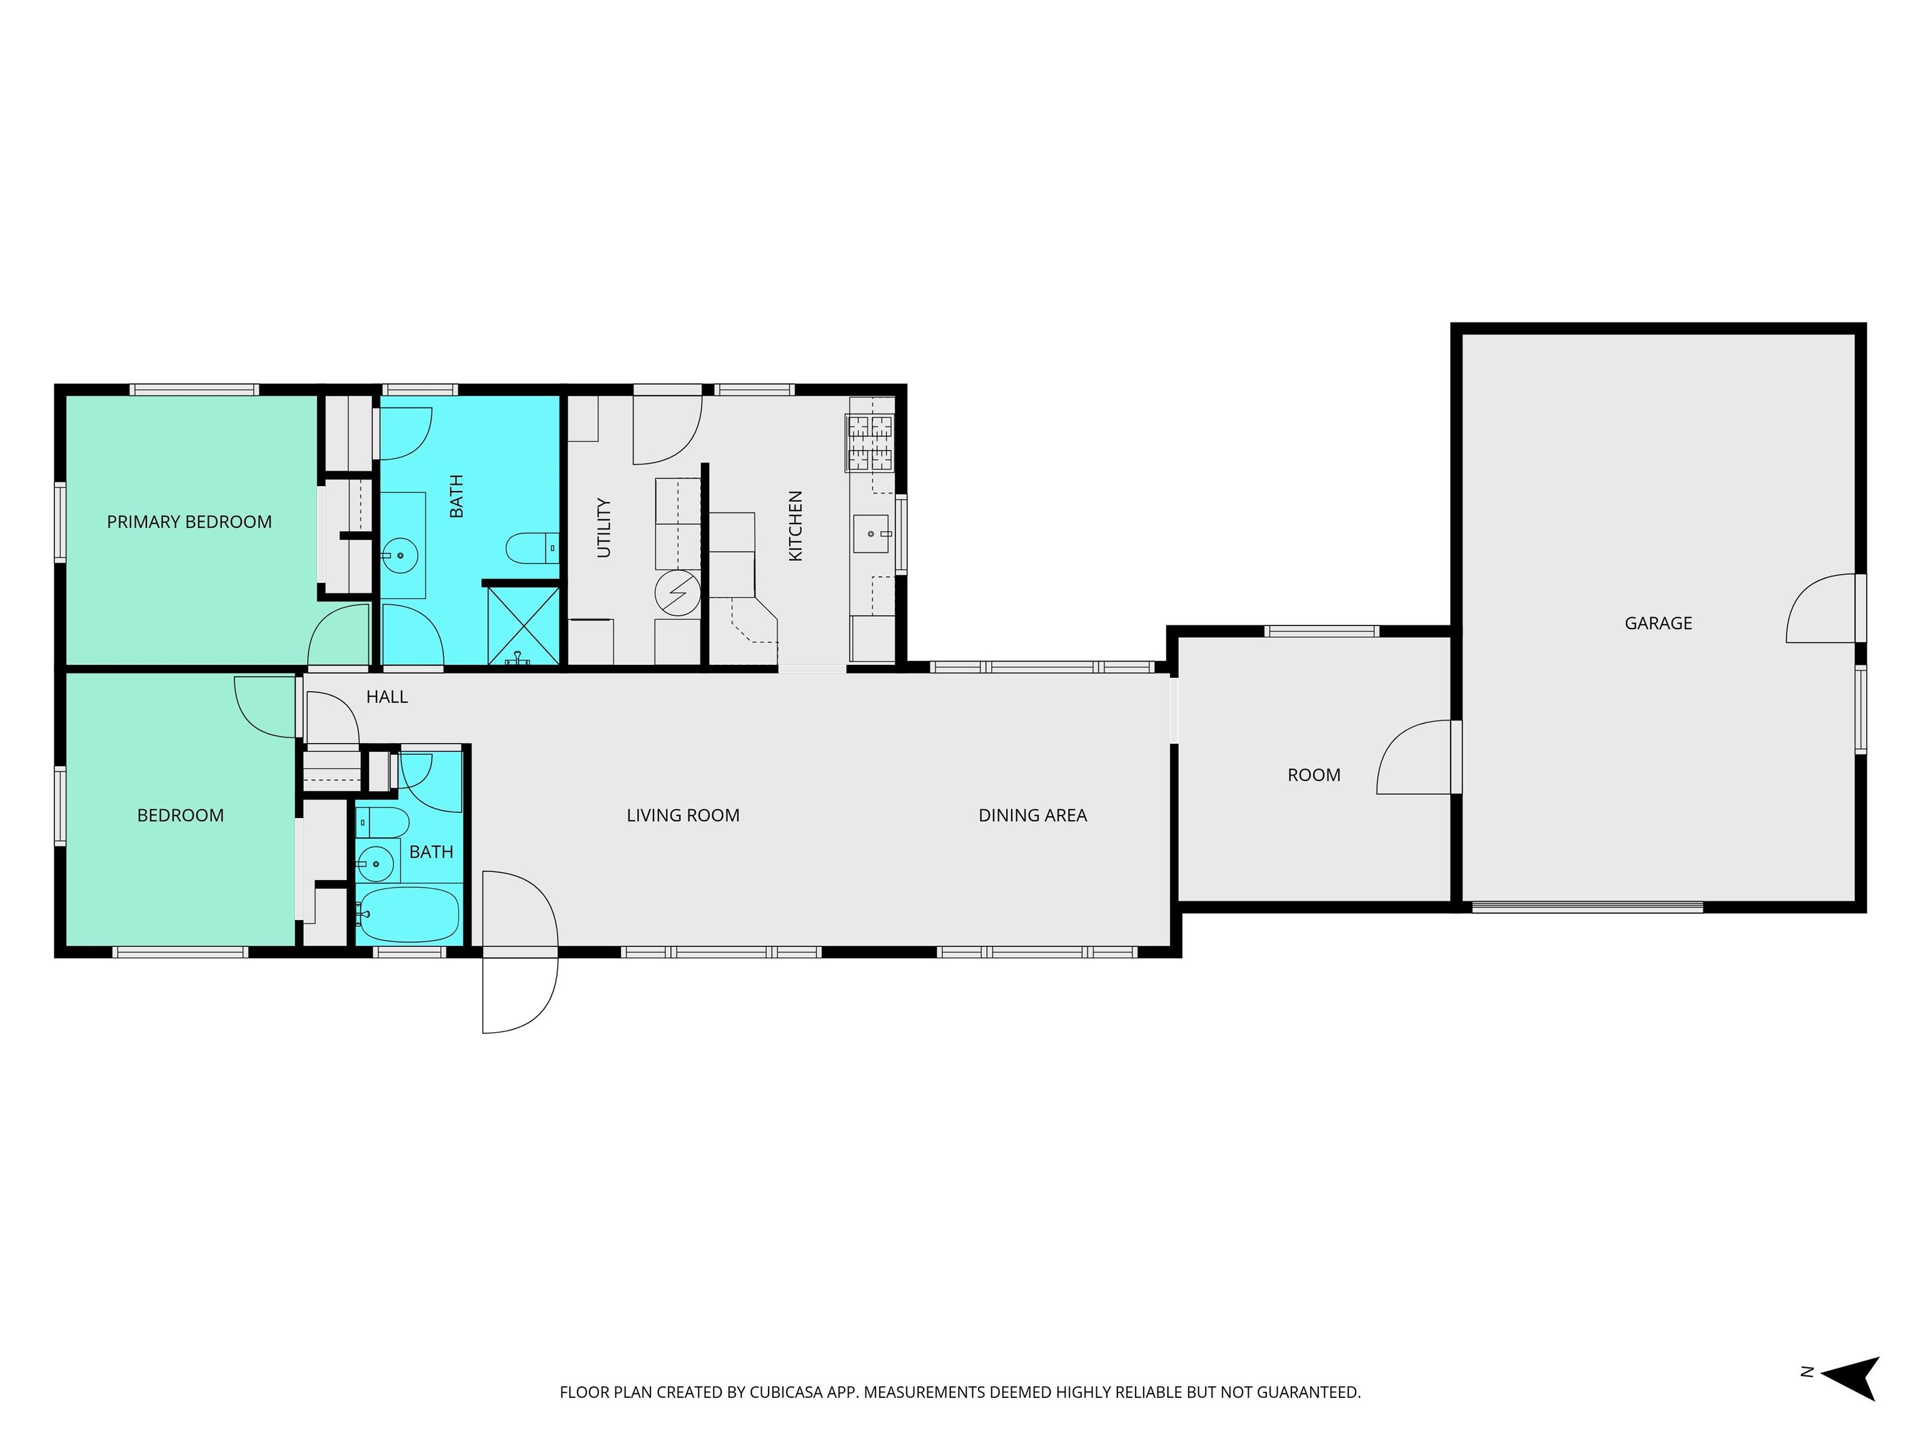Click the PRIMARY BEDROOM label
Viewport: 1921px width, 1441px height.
pos(189,522)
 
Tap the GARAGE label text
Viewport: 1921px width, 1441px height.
pos(1658,623)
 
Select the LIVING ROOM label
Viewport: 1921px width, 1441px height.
pos(683,816)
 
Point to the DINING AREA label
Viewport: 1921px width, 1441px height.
pos(1032,816)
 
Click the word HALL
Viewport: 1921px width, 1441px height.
pos(386,697)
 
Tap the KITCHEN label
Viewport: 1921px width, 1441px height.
pos(795,525)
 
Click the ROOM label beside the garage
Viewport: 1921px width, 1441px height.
pos(1314,775)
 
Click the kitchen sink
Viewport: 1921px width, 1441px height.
pos(871,534)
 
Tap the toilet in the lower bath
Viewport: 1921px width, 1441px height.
pos(382,822)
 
